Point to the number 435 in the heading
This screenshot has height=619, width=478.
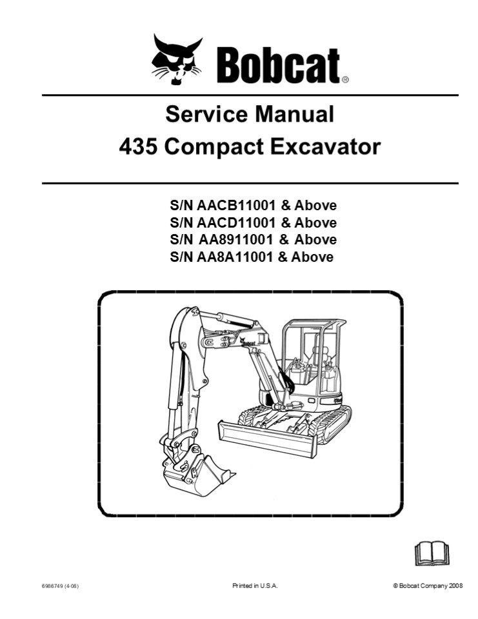pyautogui.click(x=138, y=147)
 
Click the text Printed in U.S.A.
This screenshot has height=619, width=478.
pyautogui.click(x=255, y=585)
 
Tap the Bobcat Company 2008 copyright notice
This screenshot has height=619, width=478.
pyautogui.click(x=428, y=585)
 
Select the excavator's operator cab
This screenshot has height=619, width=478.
pyautogui.click(x=313, y=361)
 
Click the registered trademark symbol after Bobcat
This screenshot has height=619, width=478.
pyautogui.click(x=345, y=81)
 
